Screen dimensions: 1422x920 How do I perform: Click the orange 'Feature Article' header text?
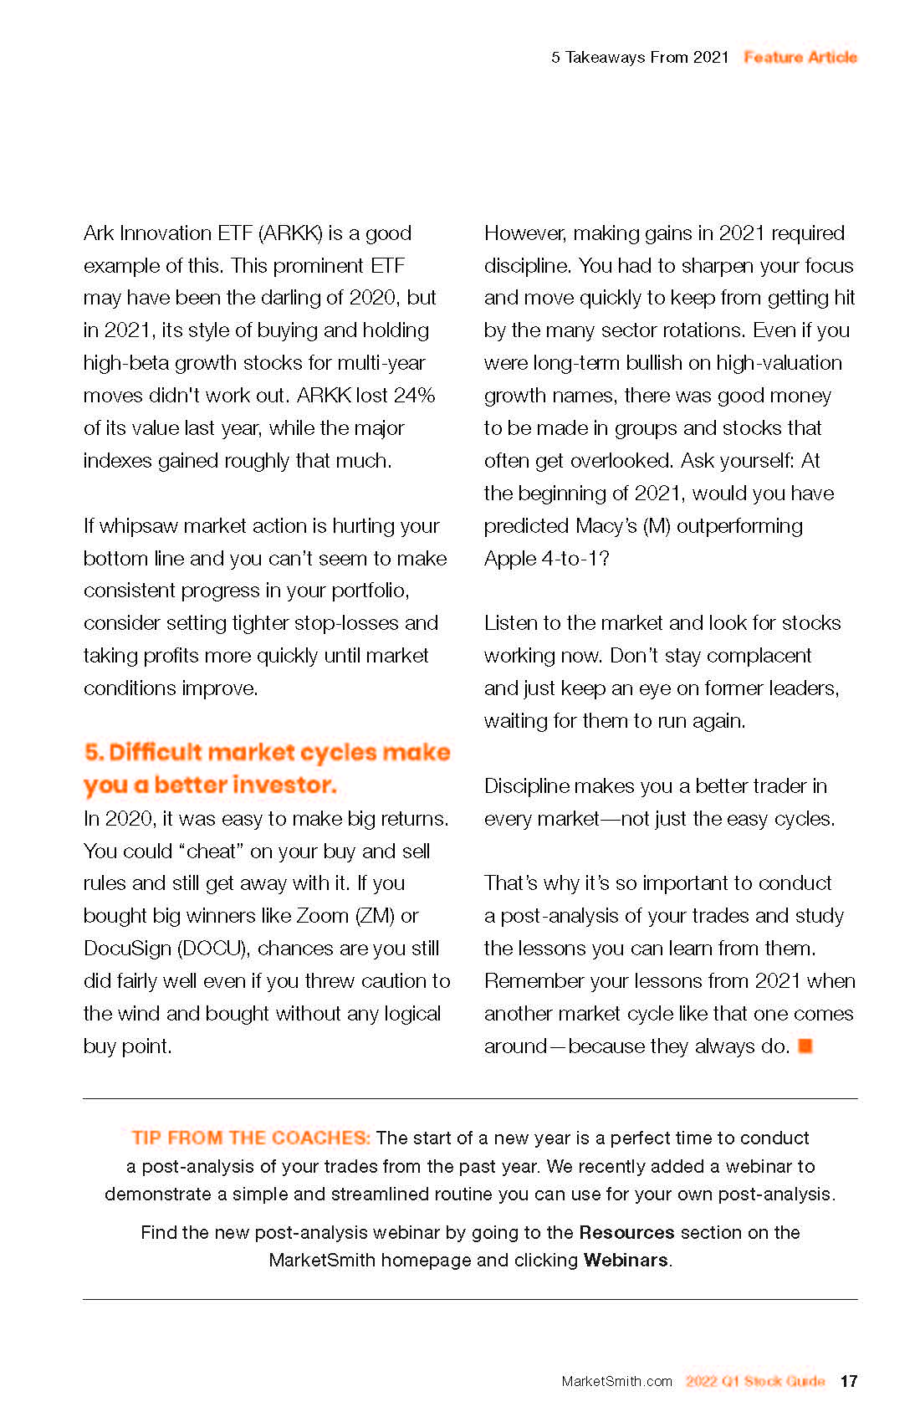pos(800,57)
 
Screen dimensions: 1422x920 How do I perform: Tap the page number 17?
pos(849,1381)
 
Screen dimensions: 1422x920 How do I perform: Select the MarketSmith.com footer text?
pos(616,1381)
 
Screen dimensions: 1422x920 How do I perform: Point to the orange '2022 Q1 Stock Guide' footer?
pos(755,1381)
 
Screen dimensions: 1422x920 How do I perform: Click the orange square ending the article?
pos(805,1046)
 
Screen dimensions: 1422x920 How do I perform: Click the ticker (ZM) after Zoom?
pos(375,916)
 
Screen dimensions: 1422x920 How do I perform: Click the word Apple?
pos(510,558)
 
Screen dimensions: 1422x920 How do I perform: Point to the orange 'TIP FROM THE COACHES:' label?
pos(251,1138)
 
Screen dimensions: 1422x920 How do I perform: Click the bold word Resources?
pos(626,1232)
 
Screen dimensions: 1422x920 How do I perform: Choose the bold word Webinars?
pos(626,1260)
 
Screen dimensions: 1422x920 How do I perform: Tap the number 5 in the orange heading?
pos(92,752)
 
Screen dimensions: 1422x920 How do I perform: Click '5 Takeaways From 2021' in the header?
pos(640,57)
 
